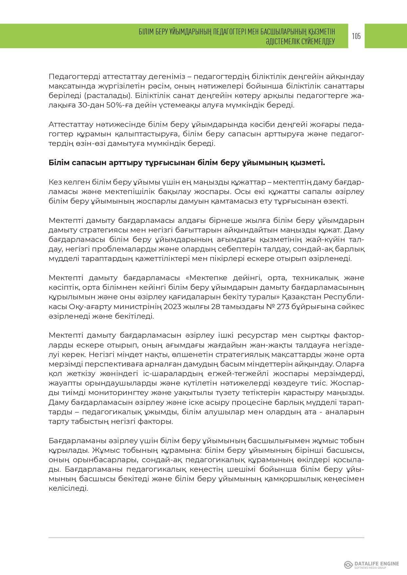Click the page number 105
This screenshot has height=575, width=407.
[x=356, y=36]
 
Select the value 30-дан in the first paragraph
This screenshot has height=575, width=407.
[x=88, y=106]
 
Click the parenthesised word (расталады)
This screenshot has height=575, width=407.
[x=104, y=96]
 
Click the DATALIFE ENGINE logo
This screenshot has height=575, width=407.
[x=371, y=565]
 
